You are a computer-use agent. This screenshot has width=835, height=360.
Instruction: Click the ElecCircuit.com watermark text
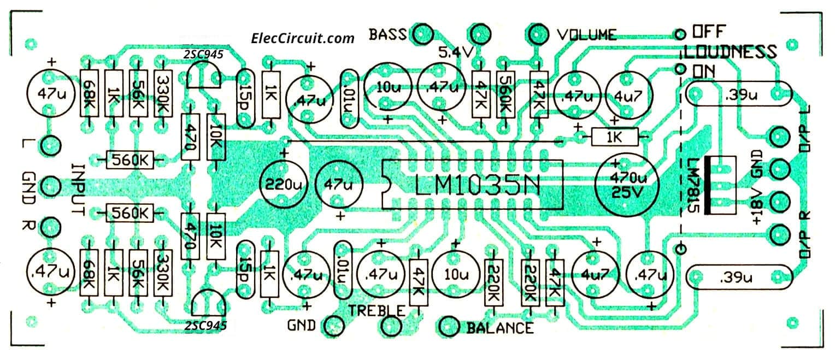click(303, 38)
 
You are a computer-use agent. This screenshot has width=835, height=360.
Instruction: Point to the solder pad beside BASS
click(422, 34)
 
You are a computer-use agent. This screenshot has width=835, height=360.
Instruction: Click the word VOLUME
click(586, 35)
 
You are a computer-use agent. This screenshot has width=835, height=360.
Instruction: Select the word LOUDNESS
click(730, 52)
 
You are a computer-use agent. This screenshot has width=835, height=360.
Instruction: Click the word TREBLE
click(377, 311)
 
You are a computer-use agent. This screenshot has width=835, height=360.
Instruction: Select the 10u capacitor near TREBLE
click(456, 272)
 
